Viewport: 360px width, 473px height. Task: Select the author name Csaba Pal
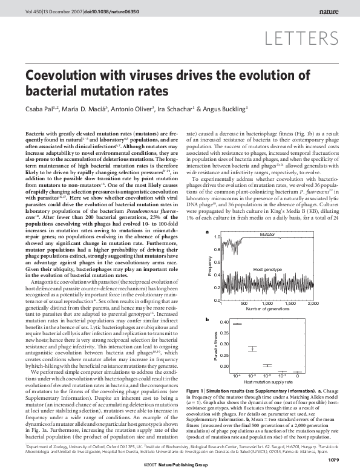tap(41, 109)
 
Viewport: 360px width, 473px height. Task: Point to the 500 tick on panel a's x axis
tap(244, 304)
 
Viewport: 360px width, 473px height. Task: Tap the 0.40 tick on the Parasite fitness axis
tap(223, 322)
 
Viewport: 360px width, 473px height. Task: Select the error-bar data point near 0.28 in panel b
tap(254, 349)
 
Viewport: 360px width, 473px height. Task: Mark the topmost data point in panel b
tap(237, 324)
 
